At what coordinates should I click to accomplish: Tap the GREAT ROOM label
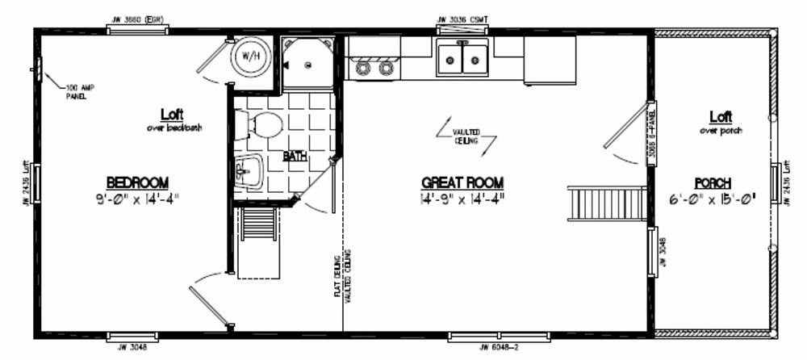(462, 181)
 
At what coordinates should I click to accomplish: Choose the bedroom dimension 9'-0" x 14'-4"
(136, 195)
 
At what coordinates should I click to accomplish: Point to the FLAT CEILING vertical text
(337, 278)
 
